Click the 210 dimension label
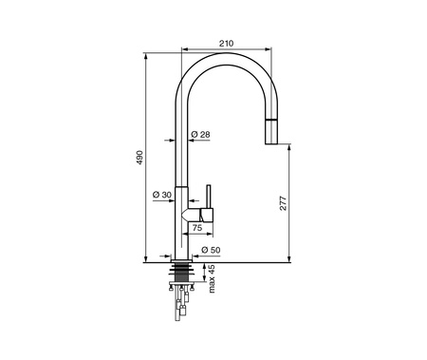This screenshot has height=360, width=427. pos(227,43)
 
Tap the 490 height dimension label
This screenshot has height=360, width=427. pos(139,158)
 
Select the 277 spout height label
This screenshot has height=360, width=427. pos(283,203)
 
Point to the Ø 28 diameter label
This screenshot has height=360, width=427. pos(200,135)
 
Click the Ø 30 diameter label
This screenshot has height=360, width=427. pos(161,195)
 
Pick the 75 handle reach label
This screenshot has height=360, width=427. pos(197,227)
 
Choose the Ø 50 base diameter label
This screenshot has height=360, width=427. pos(211,250)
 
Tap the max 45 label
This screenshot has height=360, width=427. pos(212,278)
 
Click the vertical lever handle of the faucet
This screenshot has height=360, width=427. pos(209,197)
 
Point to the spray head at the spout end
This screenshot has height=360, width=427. pos(271,131)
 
